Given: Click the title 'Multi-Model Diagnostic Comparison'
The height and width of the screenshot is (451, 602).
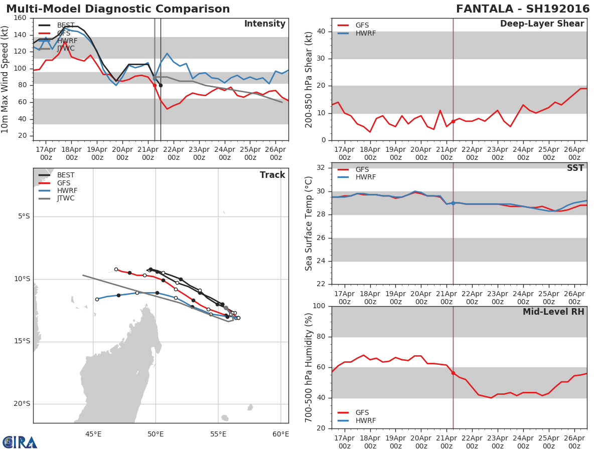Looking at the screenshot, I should point(118,9).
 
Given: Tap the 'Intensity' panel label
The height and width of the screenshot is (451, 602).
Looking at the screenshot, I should point(264,24).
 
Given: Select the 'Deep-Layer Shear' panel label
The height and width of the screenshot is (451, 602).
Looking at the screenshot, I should point(542,24).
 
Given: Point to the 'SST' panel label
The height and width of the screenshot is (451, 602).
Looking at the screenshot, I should point(575,168).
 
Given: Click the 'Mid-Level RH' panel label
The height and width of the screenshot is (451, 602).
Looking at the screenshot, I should point(553,312).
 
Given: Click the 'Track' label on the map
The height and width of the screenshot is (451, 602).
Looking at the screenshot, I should point(272,175).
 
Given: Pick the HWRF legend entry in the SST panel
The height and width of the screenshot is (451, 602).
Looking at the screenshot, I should point(365,177).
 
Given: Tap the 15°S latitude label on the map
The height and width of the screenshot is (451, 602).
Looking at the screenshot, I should point(23,341).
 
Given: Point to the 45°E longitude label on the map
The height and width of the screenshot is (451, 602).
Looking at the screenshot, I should point(93,434).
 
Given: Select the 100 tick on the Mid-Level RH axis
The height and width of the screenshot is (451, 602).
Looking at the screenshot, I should point(319,306).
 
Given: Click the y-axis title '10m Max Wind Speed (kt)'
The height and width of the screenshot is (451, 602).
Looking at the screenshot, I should point(6,79).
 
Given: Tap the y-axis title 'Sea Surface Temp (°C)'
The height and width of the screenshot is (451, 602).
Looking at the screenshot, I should point(309,223).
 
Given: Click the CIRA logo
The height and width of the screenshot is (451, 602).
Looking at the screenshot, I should point(20,442).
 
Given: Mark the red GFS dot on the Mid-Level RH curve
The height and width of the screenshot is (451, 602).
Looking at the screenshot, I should point(453,373).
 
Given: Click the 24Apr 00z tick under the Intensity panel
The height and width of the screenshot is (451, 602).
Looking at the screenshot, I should point(225,153).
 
